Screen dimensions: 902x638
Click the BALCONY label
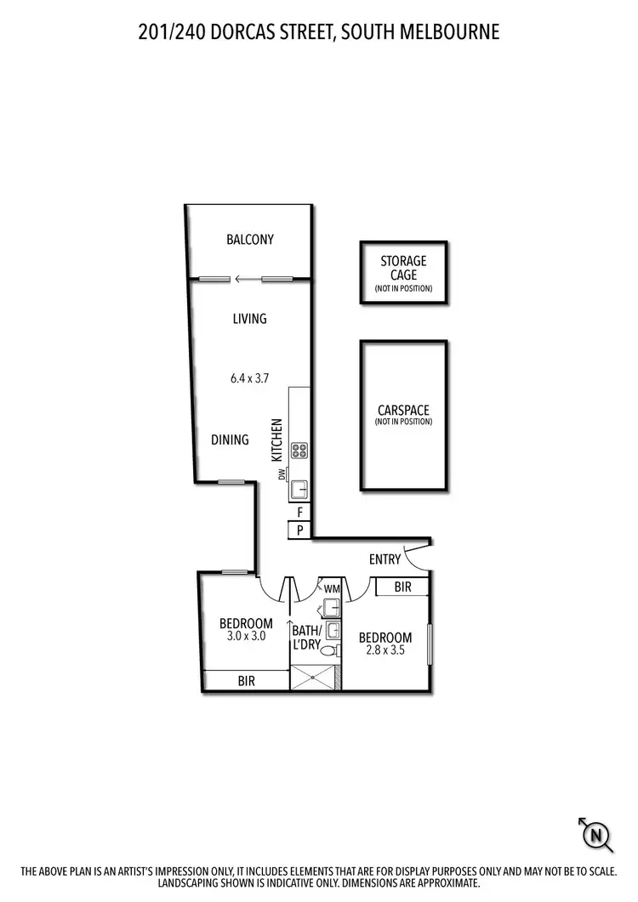click(x=250, y=239)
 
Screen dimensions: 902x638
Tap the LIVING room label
click(x=250, y=319)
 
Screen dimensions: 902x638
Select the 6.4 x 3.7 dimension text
click(x=249, y=379)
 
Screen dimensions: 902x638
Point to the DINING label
click(x=230, y=440)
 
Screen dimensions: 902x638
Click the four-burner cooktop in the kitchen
click(x=299, y=451)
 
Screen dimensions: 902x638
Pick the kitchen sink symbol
click(x=299, y=490)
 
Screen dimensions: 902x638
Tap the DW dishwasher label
click(x=282, y=474)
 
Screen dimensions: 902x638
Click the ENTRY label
click(x=385, y=559)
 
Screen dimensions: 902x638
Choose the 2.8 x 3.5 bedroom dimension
click(x=385, y=651)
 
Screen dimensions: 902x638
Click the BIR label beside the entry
click(x=403, y=587)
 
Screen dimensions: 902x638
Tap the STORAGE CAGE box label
click(x=403, y=268)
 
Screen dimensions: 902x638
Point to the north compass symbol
click(x=597, y=837)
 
